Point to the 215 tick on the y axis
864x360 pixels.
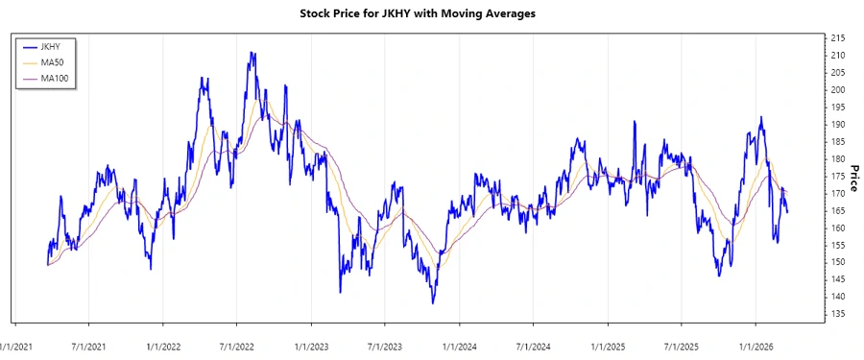(837, 38)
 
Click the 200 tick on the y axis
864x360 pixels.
(837, 90)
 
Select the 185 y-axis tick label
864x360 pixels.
(837, 142)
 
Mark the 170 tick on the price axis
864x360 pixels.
(837, 194)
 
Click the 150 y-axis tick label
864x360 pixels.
(837, 262)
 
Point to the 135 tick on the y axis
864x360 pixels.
(837, 314)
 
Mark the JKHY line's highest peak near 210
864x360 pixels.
(252, 54)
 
